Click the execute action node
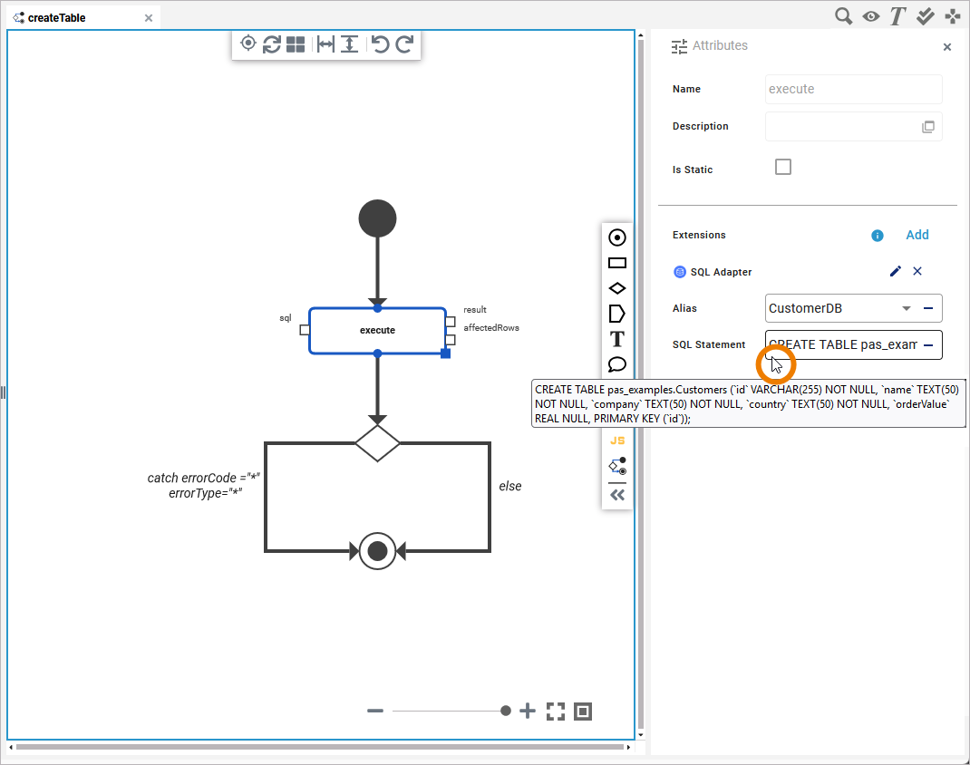coord(377,330)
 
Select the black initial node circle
coord(377,218)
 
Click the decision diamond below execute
coord(377,442)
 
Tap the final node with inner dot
coord(377,550)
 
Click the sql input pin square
coord(305,330)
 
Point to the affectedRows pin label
coord(491,328)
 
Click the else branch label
coord(510,487)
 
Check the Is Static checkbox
coord(783,167)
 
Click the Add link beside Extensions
coord(917,235)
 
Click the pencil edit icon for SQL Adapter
coord(896,271)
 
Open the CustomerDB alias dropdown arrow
coord(906,308)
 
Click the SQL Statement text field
coord(843,345)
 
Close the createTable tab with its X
coord(149,17)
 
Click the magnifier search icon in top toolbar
coord(843,15)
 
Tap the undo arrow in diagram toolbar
coord(380,44)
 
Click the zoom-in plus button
coord(528,712)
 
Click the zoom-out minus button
coord(375,712)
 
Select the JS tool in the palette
coord(617,441)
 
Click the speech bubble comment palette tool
coord(617,364)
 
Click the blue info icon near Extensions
coord(877,236)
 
